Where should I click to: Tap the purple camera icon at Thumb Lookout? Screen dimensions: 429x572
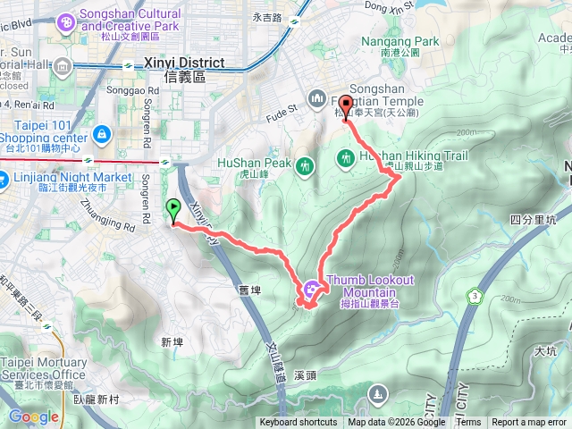click(x=311, y=288)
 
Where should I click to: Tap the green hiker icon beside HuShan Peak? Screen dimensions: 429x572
click(x=306, y=165)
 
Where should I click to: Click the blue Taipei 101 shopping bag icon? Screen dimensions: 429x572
click(x=102, y=135)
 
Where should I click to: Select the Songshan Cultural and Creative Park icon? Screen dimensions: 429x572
click(x=66, y=21)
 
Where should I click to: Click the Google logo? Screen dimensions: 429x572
click(x=34, y=416)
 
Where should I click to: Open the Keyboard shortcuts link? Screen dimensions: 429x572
click(x=299, y=423)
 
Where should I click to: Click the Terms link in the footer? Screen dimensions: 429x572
click(x=468, y=423)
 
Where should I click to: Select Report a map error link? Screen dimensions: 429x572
click(x=529, y=423)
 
